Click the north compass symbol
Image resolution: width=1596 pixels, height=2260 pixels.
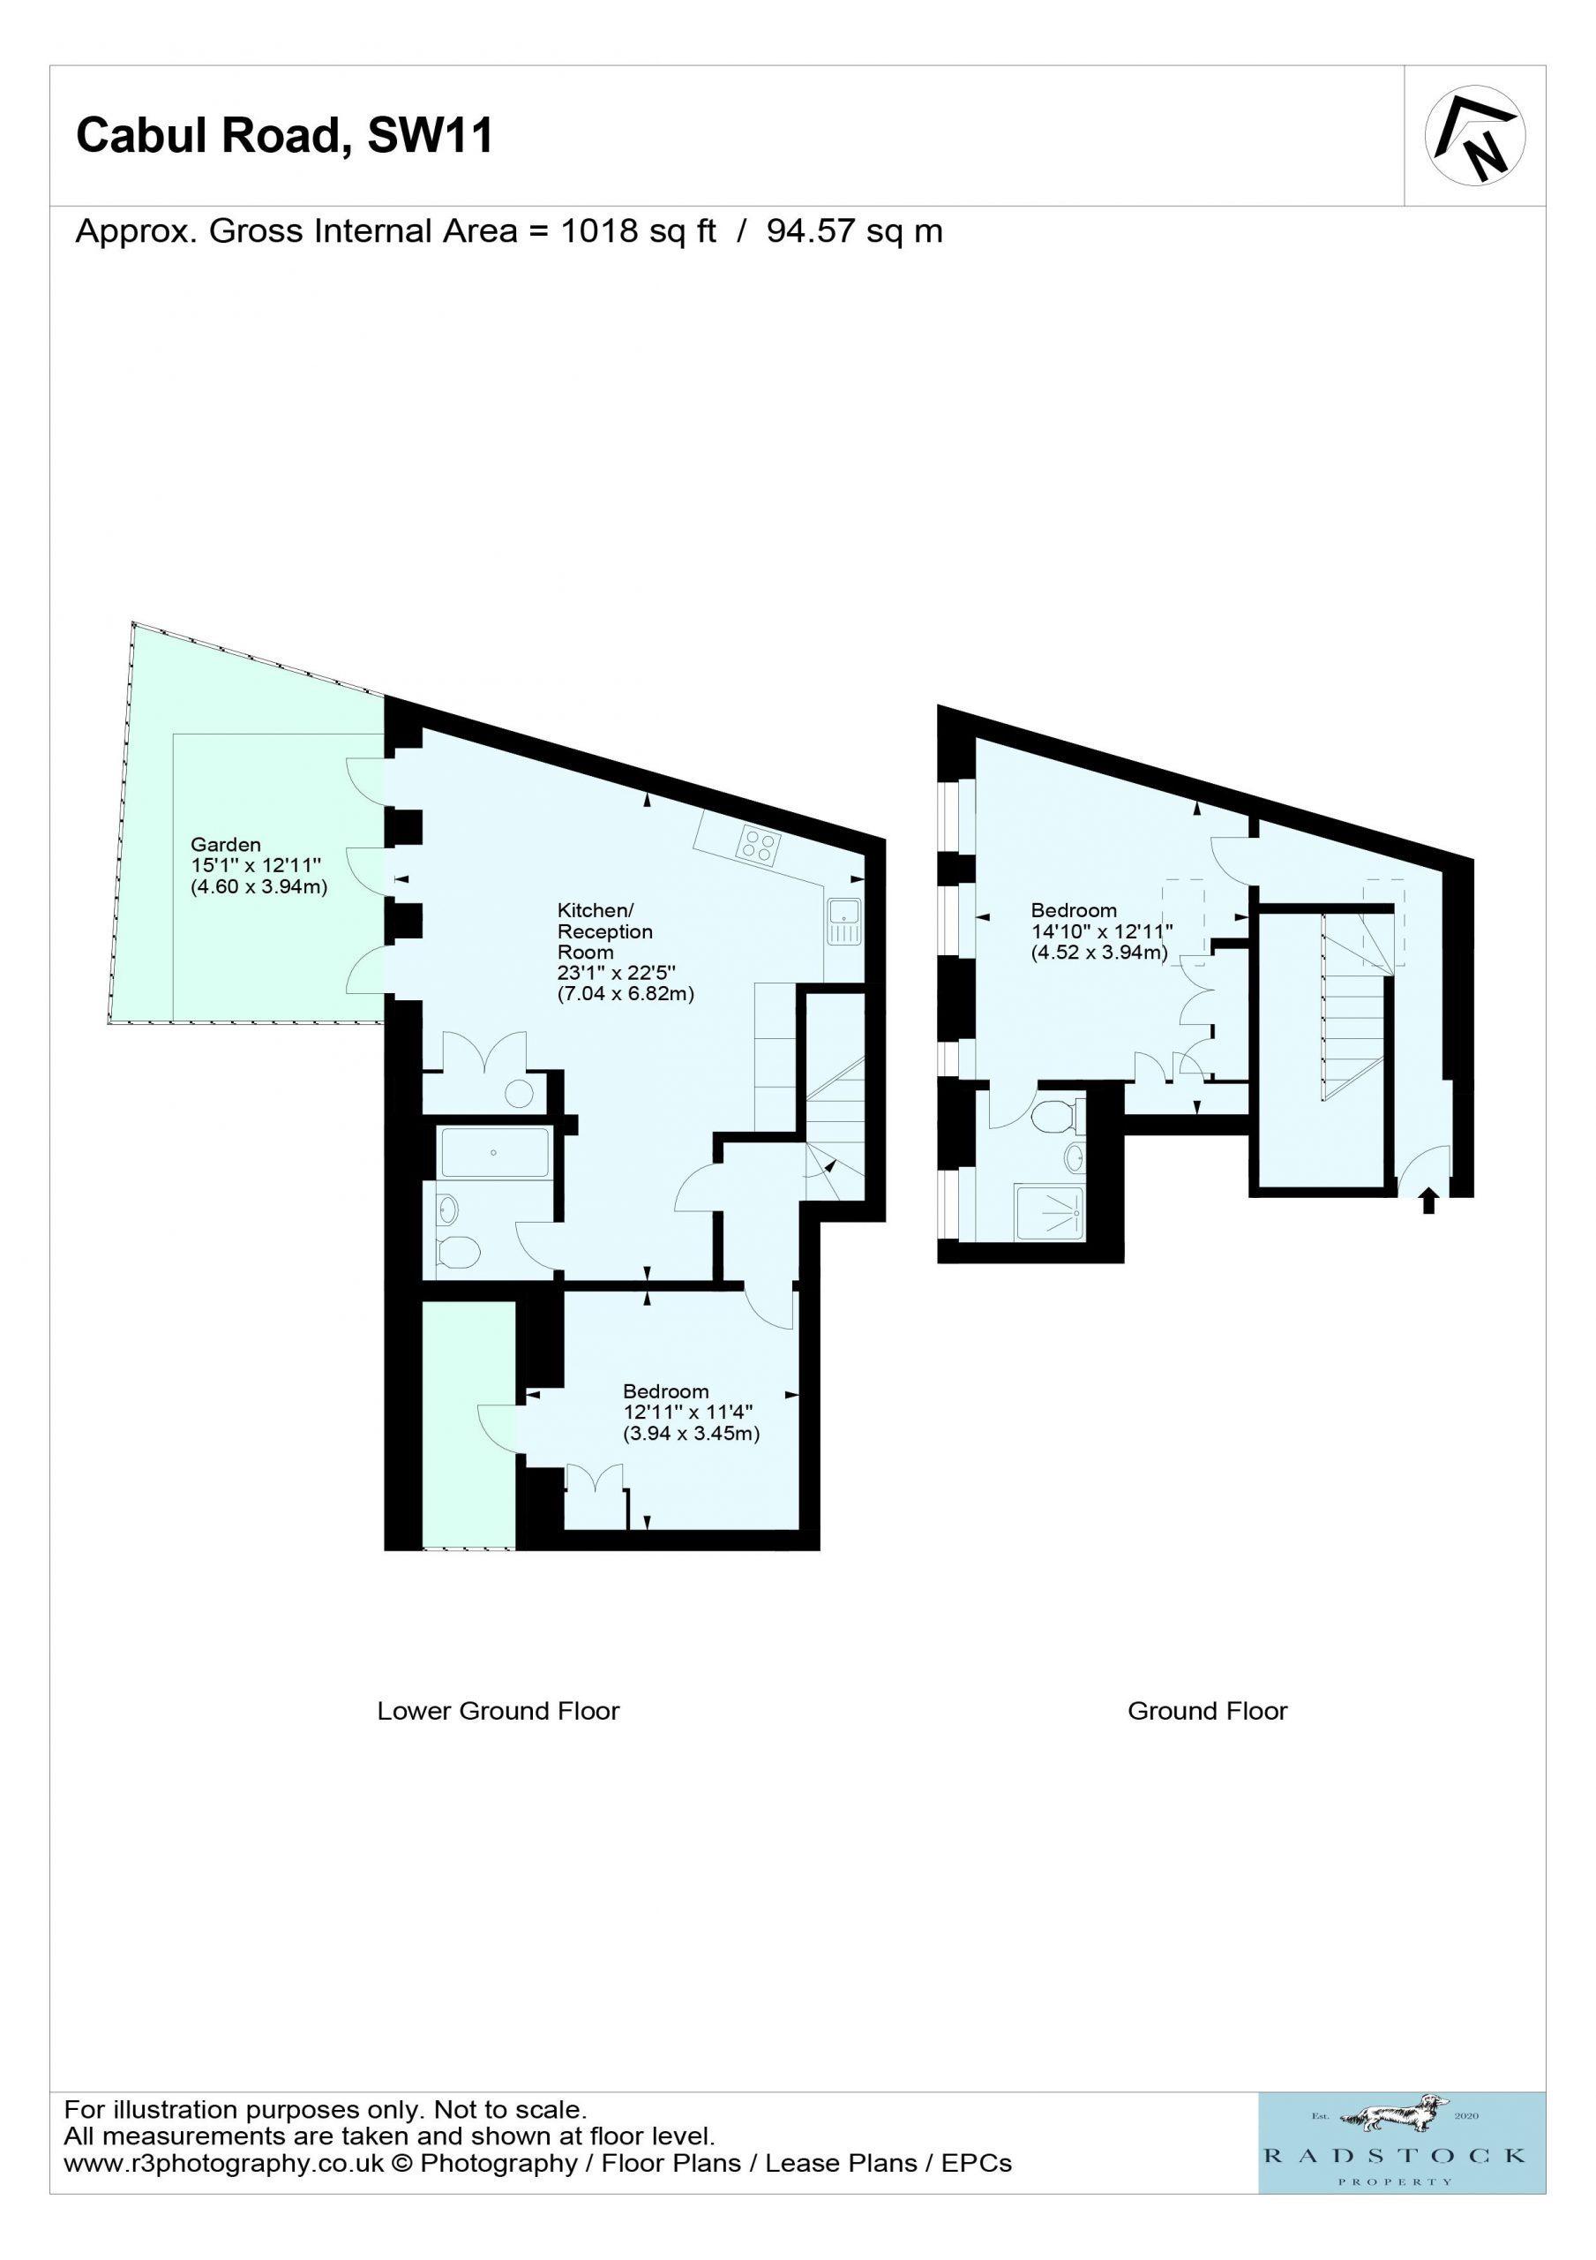(x=1475, y=136)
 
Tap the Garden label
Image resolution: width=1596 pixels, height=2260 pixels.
(x=225, y=844)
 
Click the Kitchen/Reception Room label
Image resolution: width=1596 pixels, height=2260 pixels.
(x=604, y=931)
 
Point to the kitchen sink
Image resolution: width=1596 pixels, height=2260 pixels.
(x=844, y=922)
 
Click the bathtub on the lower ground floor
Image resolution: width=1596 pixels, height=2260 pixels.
(x=494, y=1153)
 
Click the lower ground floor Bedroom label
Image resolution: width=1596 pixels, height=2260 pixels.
(x=665, y=1390)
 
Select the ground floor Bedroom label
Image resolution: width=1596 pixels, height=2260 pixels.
(x=1074, y=910)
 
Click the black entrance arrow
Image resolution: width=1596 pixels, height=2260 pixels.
(x=1428, y=1201)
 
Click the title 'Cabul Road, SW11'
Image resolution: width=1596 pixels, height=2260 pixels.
(x=284, y=135)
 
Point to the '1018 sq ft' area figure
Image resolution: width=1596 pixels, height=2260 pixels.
(x=639, y=231)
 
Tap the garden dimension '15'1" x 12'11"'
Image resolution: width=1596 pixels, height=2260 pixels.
(x=256, y=865)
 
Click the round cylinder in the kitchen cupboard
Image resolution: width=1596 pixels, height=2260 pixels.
(x=519, y=1093)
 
